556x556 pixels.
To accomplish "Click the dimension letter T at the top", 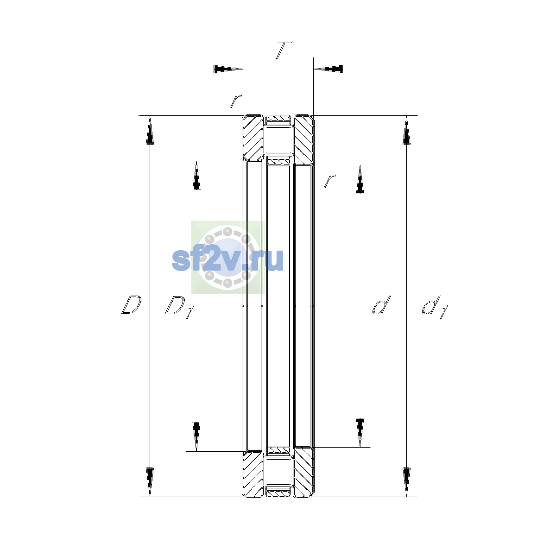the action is [284, 51].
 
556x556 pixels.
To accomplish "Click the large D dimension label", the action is [131, 304].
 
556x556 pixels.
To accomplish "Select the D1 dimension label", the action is [180, 307].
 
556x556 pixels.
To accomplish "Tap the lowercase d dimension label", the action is [381, 304].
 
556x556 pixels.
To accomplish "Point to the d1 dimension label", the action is [435, 307].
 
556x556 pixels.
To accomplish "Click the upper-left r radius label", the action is [236, 101].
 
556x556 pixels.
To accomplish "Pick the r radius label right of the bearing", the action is [330, 181].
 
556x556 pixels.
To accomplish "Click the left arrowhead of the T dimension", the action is [228, 69].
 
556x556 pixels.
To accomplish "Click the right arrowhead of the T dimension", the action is [329, 69].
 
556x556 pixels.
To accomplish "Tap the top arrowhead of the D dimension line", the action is [150, 130].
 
